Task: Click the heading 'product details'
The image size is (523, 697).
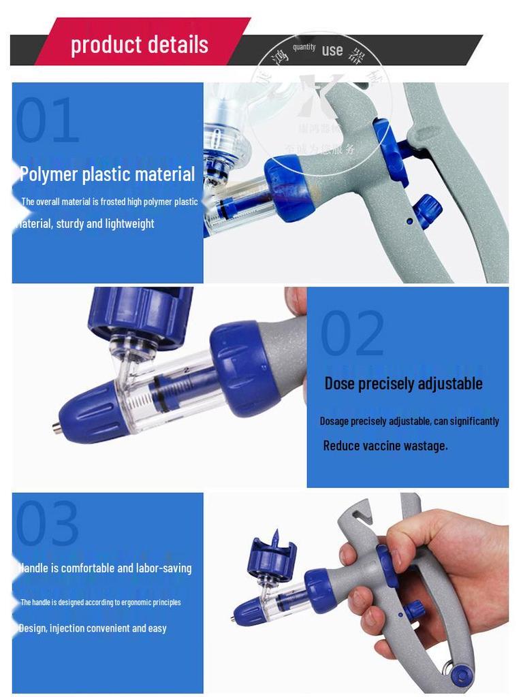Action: click(x=140, y=45)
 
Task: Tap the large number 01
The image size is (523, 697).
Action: click(x=47, y=120)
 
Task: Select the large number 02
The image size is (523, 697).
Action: click(x=352, y=333)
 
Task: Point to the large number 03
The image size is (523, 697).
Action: click(x=47, y=523)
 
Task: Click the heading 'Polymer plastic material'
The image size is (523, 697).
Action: click(x=107, y=174)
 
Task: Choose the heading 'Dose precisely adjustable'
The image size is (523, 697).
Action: click(x=403, y=383)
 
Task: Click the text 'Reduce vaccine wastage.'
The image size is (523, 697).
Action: click(x=385, y=446)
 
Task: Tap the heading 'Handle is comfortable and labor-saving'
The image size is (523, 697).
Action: click(x=105, y=568)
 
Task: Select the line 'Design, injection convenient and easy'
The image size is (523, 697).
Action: click(x=93, y=628)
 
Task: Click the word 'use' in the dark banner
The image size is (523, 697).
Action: click(x=332, y=50)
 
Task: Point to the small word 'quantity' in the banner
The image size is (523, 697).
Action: click(x=304, y=46)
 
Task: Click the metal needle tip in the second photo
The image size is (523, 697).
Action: click(x=54, y=427)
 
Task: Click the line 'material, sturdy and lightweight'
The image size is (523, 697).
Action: click(x=86, y=223)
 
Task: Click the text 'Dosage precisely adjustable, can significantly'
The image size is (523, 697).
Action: click(x=409, y=421)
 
